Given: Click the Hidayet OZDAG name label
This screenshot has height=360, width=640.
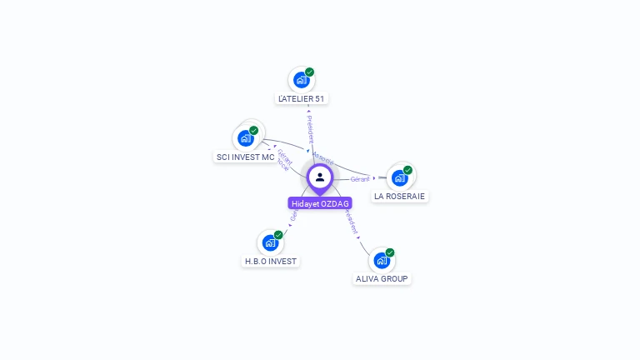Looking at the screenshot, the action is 320,203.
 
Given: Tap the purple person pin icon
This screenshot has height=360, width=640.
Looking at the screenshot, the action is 320,177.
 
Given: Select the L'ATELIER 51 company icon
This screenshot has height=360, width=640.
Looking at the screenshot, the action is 301,81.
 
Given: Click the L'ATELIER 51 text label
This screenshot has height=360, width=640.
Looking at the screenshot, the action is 302,99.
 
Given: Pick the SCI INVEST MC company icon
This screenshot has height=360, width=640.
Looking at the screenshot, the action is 246,138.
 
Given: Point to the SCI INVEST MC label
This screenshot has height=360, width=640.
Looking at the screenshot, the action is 245,157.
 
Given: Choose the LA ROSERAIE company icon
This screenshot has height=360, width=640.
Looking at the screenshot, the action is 400,177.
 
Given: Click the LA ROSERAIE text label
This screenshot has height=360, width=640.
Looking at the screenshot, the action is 399,197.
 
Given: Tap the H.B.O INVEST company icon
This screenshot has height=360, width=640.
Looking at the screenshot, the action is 269,242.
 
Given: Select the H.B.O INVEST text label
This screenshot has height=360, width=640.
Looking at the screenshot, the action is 270,261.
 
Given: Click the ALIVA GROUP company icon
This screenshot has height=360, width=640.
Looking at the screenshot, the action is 382,260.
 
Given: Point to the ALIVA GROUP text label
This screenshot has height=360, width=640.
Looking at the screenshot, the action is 382,278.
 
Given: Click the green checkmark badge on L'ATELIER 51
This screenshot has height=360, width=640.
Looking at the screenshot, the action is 309,72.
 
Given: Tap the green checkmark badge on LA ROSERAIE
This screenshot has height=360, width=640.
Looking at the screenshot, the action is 407,170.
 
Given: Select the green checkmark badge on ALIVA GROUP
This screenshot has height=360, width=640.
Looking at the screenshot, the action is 390,252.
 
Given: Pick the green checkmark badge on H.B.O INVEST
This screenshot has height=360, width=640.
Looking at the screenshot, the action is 278,235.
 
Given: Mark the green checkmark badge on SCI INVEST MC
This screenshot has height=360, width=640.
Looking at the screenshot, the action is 254,131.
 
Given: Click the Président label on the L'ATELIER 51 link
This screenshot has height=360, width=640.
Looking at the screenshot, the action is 310,128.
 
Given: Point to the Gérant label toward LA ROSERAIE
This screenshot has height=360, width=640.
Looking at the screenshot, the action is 360,179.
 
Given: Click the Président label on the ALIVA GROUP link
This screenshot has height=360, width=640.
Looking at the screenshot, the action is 351,222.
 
